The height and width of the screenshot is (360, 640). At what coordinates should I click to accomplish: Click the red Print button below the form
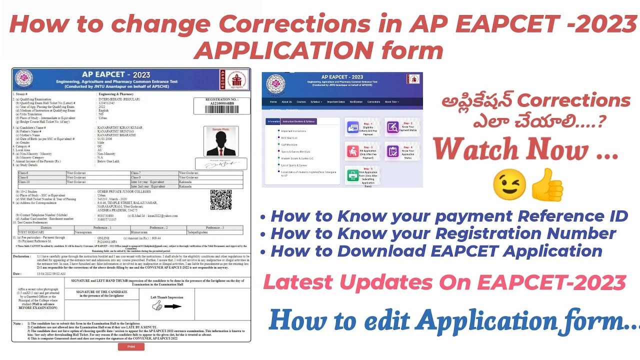pyautogui.click(x=131, y=346)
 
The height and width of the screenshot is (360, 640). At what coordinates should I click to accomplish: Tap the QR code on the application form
pyautogui.click(x=220, y=199)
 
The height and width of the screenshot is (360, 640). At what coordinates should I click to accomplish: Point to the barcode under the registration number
pyautogui.click(x=221, y=109)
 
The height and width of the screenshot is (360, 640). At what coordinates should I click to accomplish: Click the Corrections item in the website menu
pyautogui.click(x=373, y=101)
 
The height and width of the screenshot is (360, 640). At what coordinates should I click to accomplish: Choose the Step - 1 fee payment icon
pyautogui.click(x=352, y=128)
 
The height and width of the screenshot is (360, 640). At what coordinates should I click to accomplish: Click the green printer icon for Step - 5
pyautogui.click(x=352, y=175)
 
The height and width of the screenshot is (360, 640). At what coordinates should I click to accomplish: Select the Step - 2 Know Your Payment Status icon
pyautogui.click(x=391, y=128)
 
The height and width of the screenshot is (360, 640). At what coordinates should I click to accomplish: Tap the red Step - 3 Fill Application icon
pyautogui.click(x=352, y=151)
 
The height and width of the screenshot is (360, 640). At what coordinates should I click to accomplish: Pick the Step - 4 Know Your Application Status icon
pyautogui.click(x=391, y=151)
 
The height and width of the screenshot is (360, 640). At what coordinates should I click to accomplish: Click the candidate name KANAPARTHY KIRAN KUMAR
pyautogui.click(x=120, y=127)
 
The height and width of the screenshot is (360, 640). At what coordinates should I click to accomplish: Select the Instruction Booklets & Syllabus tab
pyautogui.click(x=299, y=121)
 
